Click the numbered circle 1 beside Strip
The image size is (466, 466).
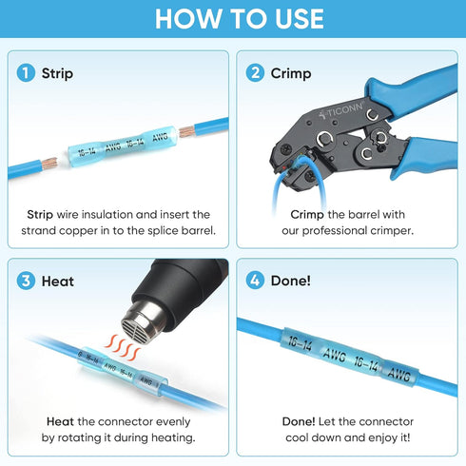26,73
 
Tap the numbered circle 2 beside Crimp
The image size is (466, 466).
255,73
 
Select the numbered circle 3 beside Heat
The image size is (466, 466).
26,281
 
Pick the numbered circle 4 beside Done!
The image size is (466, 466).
255,281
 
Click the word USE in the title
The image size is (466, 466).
300,19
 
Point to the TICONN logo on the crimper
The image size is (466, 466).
340,111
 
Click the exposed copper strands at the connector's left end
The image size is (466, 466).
49,164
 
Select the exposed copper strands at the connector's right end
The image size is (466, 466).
186,131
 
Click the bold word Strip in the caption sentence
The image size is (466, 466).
40,215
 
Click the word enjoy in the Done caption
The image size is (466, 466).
383,437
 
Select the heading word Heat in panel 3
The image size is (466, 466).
58,282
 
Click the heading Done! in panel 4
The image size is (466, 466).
291,281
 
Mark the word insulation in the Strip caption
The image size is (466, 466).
107,215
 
